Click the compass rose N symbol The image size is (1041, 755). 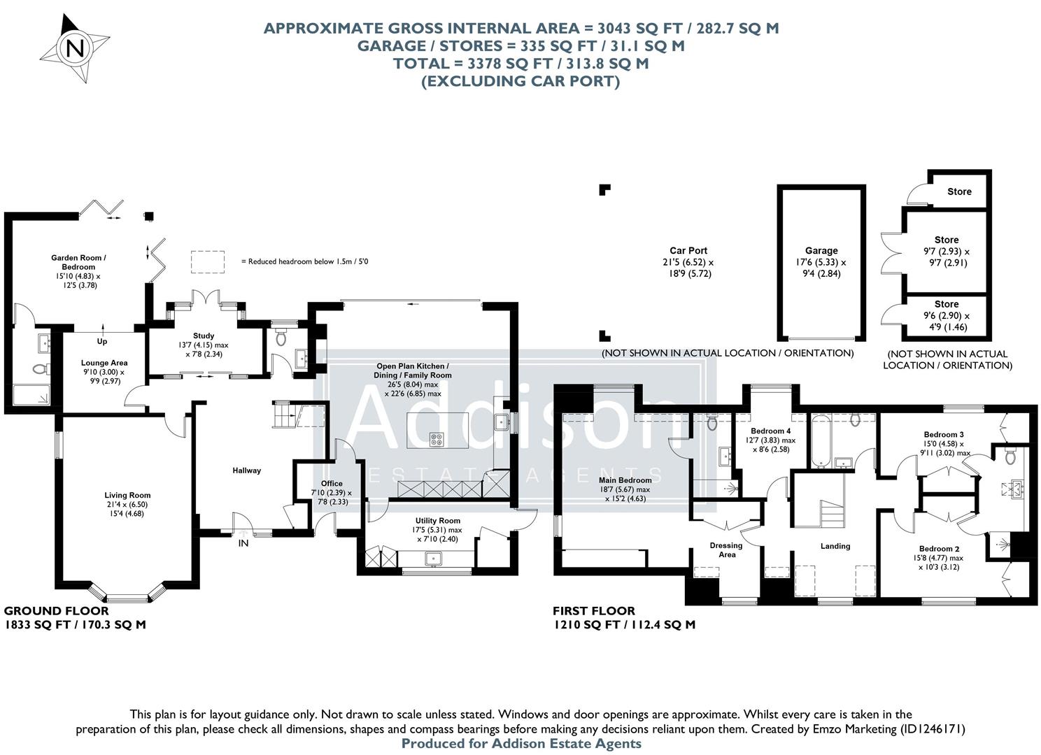click(75, 49)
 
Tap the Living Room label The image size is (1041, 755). click(128, 496)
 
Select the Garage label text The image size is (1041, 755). click(821, 250)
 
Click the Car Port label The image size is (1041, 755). click(688, 250)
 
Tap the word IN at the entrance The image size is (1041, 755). click(243, 543)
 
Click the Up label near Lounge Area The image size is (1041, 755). click(102, 342)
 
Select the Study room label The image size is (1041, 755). click(204, 336)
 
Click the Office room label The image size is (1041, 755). click(332, 483)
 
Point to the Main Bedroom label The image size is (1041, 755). click(625, 480)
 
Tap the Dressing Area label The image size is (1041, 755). click(726, 550)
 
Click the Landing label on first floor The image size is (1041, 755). click(835, 546)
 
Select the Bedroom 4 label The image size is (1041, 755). click(770, 431)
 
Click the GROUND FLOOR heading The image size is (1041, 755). click(47, 611)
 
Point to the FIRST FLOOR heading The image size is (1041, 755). click(594, 611)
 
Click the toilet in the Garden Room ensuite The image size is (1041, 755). click(38, 368)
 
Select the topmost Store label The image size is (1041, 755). click(959, 192)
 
